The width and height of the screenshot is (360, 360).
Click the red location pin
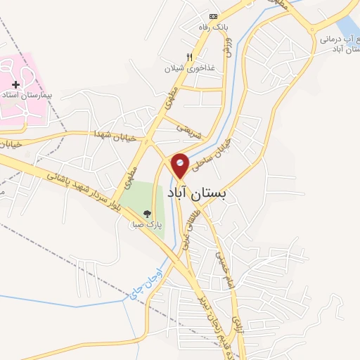(181, 165)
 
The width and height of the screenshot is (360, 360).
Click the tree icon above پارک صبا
(147, 214)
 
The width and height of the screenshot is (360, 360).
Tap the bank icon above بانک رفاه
(214, 17)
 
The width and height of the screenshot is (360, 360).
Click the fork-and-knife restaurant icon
(189, 57)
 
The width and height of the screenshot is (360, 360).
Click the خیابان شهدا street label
(112, 134)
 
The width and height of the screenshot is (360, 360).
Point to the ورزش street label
(228, 46)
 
